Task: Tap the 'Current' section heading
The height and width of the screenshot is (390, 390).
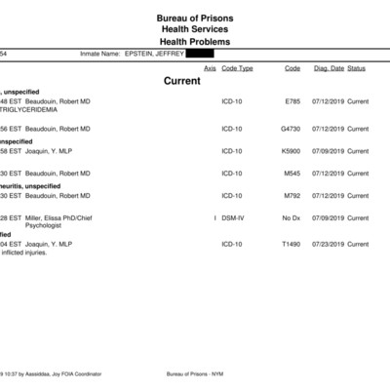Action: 182,81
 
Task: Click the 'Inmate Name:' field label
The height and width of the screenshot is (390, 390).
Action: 98,54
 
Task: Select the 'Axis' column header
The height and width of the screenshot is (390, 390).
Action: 210,68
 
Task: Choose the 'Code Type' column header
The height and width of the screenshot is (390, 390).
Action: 237,68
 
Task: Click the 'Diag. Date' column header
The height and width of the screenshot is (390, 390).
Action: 328,68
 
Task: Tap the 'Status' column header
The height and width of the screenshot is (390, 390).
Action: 357,68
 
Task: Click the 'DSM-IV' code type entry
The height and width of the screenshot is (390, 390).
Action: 233,217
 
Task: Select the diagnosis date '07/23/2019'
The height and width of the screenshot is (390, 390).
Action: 328,244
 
